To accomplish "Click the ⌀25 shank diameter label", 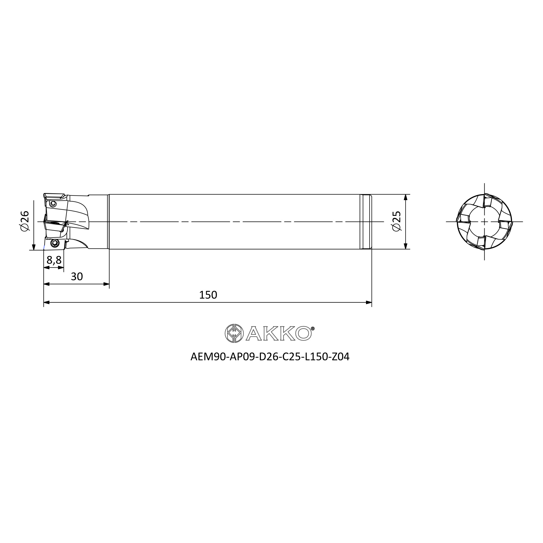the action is click(397, 221).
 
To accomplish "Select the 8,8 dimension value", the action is click(54, 260).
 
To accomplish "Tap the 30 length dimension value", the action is click(77, 277).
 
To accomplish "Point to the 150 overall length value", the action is click(208, 295).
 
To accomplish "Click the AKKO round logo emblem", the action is click(234, 333).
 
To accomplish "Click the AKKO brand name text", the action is click(279, 334).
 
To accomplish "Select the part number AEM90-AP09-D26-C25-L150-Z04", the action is click(270, 357).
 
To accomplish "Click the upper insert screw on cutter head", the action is click(53, 203).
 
